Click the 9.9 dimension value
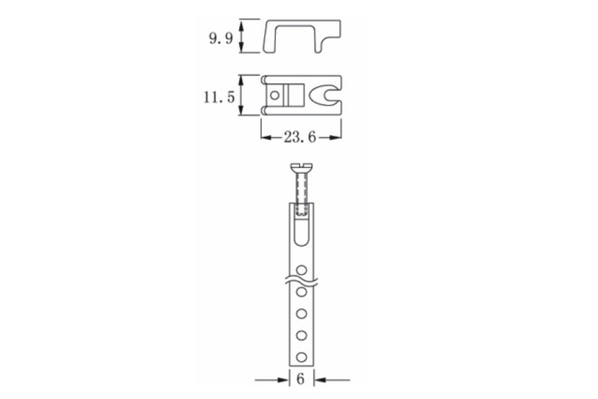pyautogui.click(x=221, y=39)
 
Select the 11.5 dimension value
pyautogui.click(x=219, y=97)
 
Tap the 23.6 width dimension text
pyautogui.click(x=300, y=137)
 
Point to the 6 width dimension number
pyautogui.click(x=300, y=379)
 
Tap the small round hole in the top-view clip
pyautogui.click(x=274, y=95)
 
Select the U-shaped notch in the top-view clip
pyautogui.click(x=324, y=95)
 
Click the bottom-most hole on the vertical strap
pyautogui.click(x=301, y=357)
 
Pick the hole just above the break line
pyautogui.click(x=301, y=270)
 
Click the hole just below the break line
pyautogui.click(x=301, y=292)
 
